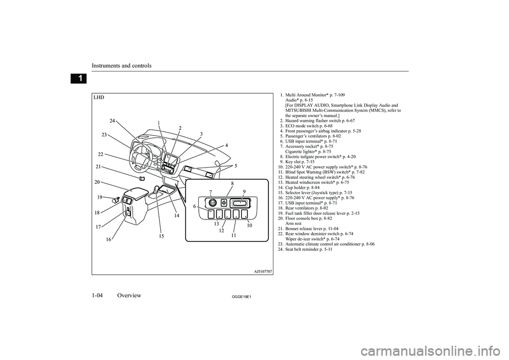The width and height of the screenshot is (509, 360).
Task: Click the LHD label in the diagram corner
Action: (x=99, y=97)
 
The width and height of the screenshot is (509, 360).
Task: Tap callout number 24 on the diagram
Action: (x=112, y=121)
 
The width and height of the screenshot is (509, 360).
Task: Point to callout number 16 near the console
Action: (x=108, y=240)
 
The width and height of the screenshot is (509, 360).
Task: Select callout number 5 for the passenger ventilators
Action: (x=236, y=165)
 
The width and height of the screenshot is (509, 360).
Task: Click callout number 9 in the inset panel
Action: (x=244, y=191)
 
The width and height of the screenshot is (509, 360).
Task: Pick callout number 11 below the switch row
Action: (x=233, y=235)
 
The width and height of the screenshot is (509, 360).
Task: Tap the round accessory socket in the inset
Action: (x=212, y=203)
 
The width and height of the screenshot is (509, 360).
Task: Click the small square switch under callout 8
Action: (x=224, y=203)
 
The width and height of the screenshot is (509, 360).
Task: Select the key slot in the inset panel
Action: (x=241, y=204)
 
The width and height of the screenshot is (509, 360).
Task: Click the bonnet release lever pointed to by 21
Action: (x=142, y=178)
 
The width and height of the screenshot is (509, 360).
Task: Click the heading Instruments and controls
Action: (x=121, y=66)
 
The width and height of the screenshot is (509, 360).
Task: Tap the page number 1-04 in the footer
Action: (x=97, y=295)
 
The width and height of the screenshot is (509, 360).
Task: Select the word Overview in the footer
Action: (x=129, y=295)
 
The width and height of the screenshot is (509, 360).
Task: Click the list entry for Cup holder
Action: (x=299, y=188)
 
